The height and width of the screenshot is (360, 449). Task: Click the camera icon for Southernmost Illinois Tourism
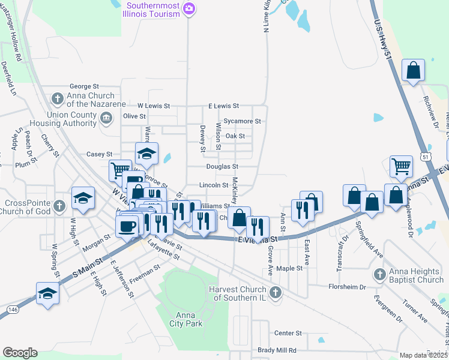point(190,8)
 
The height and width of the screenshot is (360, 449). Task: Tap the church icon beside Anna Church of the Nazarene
point(58,98)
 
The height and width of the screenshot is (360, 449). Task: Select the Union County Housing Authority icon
point(106,117)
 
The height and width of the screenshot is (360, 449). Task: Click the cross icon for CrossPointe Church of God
point(59,206)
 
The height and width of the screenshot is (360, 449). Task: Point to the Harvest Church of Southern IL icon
point(276,293)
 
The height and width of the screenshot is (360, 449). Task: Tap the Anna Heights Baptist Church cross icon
point(379,275)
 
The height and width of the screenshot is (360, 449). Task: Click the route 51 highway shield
point(426,155)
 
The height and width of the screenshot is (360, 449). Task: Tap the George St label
point(84,87)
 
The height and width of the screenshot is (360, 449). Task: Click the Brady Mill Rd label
point(277,350)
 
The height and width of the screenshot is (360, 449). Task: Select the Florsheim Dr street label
point(346,287)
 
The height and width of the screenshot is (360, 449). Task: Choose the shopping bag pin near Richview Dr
point(414,71)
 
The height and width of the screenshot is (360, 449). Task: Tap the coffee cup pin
point(127,226)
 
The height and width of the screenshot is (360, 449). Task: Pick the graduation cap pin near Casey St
point(147,154)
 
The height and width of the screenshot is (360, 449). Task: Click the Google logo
point(20,352)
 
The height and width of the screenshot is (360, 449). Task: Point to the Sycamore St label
point(243,121)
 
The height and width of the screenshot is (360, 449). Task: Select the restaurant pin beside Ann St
point(301,209)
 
